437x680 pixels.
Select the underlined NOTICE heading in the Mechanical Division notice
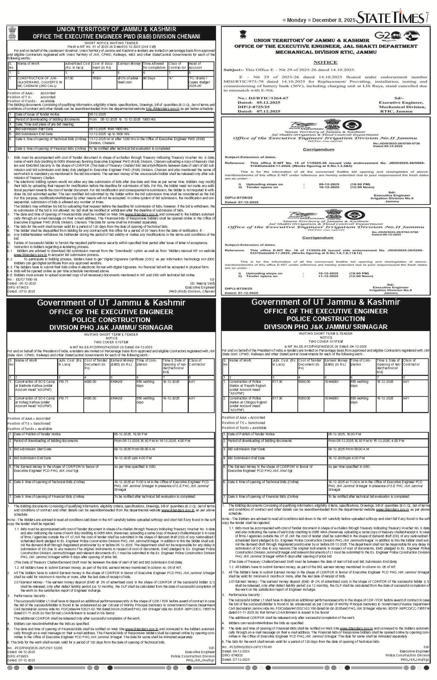(325, 62)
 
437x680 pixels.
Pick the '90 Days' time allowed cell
(149, 78)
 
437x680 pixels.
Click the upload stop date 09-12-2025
(329, 184)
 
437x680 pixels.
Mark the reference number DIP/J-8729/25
(238, 288)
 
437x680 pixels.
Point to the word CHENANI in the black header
(187, 36)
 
